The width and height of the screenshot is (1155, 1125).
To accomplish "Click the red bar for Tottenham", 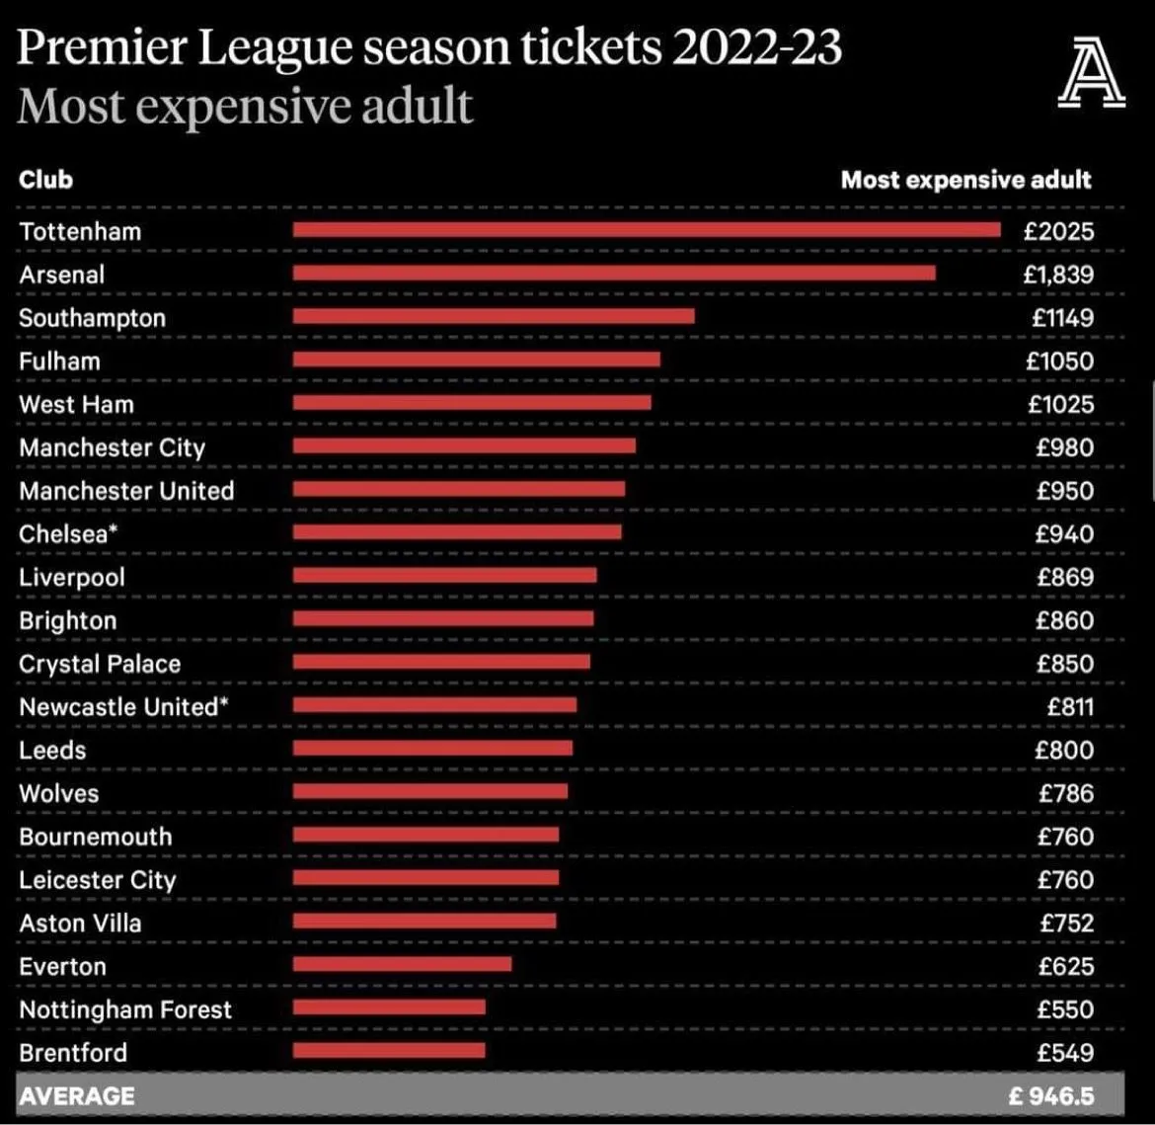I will tap(647, 230).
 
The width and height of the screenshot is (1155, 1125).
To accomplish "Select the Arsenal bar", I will tap(614, 273).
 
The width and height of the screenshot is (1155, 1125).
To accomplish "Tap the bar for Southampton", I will tap(494, 316).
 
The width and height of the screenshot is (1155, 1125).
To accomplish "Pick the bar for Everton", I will tap(402, 964).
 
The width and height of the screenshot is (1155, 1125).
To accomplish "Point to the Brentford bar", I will tap(389, 1051).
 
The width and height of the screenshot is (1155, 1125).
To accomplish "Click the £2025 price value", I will tap(1059, 232).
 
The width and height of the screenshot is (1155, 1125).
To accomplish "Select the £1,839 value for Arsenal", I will tap(1058, 275).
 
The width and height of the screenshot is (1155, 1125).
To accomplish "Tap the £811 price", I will tap(1070, 707).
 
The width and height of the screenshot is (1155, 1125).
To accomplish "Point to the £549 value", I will tap(1065, 1053).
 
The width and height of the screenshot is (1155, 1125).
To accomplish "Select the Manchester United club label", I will tap(126, 491).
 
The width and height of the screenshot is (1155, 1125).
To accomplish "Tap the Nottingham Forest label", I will tap(125, 1009).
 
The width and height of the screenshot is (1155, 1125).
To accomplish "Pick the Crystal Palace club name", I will tap(100, 664).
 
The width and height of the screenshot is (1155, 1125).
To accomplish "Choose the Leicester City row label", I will tap(97, 880).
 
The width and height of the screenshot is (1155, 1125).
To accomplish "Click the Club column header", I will tap(45, 180).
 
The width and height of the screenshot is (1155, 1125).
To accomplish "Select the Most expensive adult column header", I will tap(965, 180).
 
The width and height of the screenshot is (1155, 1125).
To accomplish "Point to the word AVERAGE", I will tap(76, 1096).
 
